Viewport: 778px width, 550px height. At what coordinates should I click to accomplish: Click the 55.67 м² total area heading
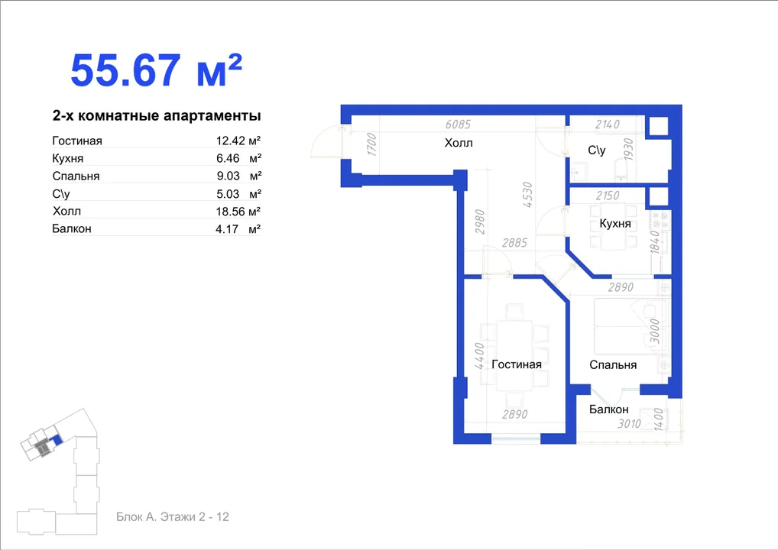point(157,70)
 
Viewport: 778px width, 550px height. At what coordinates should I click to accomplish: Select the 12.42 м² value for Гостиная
point(238,141)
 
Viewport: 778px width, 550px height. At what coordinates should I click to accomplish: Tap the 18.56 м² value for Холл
point(238,212)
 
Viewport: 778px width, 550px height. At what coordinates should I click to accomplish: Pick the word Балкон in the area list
point(72,228)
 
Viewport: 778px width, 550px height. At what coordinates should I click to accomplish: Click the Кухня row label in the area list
point(67,158)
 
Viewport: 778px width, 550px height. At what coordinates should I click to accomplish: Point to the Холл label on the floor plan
point(459,143)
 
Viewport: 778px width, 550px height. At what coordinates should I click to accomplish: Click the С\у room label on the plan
point(596,150)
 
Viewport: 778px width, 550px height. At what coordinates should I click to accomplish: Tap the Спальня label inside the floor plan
point(613,365)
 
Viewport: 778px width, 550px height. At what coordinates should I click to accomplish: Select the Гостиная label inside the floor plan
point(517,364)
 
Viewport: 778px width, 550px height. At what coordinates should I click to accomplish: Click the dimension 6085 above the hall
point(458,125)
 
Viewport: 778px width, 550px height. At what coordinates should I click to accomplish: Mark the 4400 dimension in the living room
point(479,356)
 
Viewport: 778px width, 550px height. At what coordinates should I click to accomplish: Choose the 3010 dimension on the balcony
point(629,424)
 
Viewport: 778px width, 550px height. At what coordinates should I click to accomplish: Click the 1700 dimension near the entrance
point(371,144)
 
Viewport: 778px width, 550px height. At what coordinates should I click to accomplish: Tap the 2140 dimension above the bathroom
point(608,125)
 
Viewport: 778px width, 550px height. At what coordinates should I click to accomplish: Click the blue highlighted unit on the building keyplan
point(58,439)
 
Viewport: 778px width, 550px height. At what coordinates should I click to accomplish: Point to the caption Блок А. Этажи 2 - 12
point(173,517)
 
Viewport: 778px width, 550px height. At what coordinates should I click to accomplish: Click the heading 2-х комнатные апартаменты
point(157,115)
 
